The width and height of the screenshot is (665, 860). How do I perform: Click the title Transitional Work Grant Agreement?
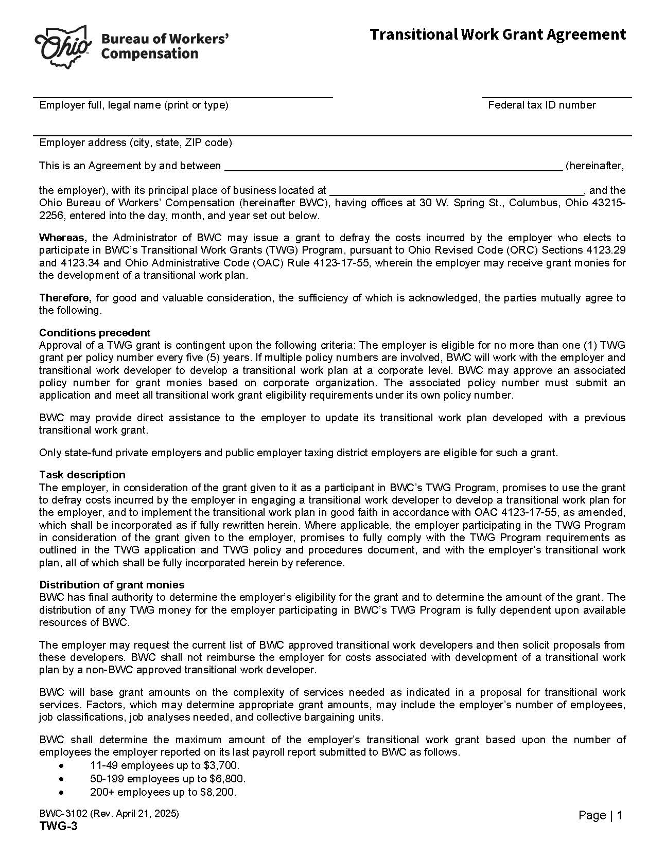coord(497,34)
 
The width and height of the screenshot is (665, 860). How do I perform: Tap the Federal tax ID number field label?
coord(541,105)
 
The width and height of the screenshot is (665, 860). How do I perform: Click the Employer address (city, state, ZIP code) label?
coord(135,142)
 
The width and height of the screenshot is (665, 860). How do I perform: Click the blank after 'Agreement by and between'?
coord(393,166)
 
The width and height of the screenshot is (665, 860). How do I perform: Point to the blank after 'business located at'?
coord(456,190)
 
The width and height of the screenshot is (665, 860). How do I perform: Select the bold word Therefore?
coord(65,298)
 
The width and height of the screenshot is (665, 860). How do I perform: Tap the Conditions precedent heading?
coord(95,332)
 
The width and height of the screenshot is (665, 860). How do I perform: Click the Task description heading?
coord(82,474)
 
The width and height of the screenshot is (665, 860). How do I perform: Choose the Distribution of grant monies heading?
coord(112,584)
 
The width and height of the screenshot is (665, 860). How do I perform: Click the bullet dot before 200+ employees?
coord(62,792)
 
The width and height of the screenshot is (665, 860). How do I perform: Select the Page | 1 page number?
coord(600,815)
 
